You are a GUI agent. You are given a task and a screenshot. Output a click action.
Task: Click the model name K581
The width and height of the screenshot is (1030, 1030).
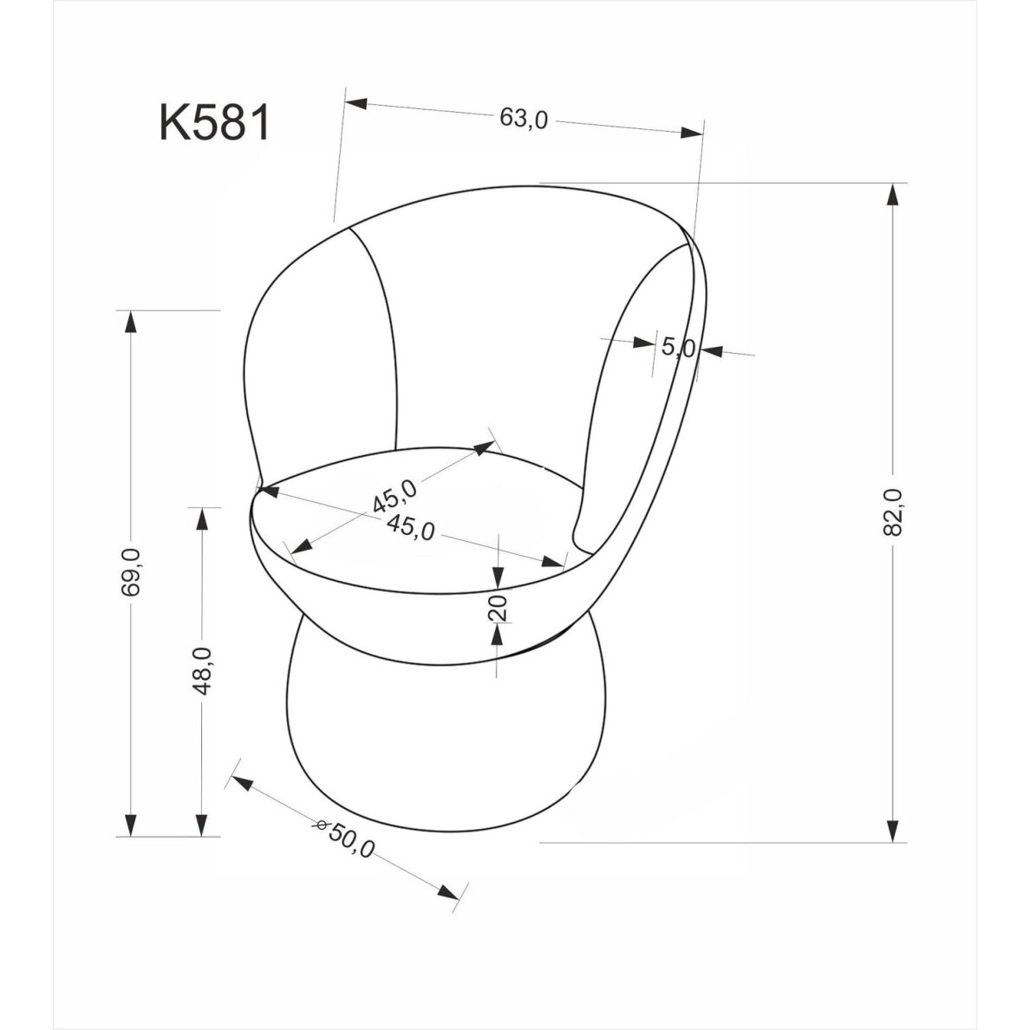(x=215, y=123)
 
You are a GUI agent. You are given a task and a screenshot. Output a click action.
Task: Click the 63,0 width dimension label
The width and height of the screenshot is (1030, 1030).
(x=524, y=119)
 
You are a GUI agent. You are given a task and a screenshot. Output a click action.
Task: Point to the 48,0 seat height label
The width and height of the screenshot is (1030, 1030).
(x=202, y=670)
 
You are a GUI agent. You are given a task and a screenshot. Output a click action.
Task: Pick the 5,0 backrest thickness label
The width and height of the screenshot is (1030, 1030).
(x=679, y=348)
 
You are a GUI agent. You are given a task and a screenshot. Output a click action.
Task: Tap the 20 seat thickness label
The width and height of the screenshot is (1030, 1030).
(x=498, y=608)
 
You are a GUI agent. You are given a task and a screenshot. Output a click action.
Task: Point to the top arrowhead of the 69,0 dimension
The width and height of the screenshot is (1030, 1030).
(x=131, y=322)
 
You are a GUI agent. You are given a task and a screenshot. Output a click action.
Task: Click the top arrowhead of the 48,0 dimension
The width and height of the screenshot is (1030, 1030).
(x=202, y=518)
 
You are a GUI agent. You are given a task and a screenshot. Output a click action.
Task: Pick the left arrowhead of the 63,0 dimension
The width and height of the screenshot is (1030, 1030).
(x=356, y=102)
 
